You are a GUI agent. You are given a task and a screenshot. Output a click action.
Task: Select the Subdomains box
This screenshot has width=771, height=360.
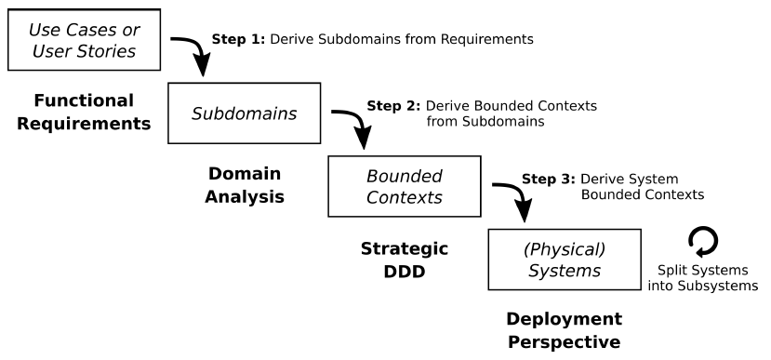click(x=244, y=113)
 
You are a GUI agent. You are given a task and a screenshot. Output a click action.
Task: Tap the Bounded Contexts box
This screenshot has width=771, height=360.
click(x=404, y=186)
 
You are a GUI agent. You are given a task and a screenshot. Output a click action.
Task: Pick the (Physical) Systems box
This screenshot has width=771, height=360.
click(x=565, y=259)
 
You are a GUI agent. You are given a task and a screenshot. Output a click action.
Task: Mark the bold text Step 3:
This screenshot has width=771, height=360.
click(x=549, y=178)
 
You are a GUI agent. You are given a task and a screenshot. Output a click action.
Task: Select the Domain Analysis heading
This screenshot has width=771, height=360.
click(x=244, y=185)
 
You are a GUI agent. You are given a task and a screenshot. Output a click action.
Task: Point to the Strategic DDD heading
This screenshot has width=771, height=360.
click(x=404, y=260)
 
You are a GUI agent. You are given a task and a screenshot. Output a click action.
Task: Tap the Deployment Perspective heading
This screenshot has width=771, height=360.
click(x=564, y=329)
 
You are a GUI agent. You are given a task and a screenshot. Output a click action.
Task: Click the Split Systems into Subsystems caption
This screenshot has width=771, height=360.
click(x=702, y=277)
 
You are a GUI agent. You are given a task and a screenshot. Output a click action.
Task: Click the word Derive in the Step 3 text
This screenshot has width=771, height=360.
click(x=601, y=178)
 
